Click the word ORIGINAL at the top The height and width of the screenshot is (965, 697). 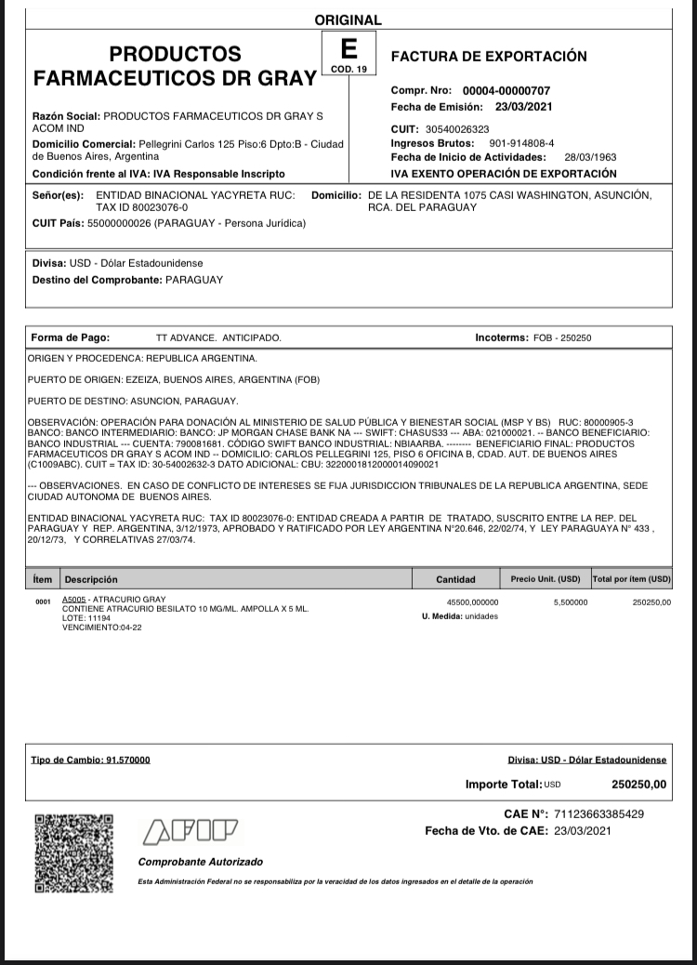click(x=348, y=20)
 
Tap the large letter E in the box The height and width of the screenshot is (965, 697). click(x=348, y=49)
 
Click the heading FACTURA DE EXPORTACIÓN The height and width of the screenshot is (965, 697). click(x=489, y=56)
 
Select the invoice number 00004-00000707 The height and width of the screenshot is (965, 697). click(x=506, y=91)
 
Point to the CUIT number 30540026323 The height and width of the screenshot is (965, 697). click(x=457, y=129)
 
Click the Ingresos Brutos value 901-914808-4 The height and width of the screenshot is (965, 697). click(x=521, y=143)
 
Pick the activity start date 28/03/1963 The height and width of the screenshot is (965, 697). click(x=590, y=157)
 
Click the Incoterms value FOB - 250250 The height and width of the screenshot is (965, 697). click(x=562, y=338)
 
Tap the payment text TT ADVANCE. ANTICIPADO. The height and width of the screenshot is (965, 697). click(x=218, y=338)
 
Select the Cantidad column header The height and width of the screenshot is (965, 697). click(x=455, y=579)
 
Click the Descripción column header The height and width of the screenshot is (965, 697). click(x=91, y=579)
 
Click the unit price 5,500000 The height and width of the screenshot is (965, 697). click(x=570, y=602)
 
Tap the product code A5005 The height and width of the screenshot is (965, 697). click(x=74, y=600)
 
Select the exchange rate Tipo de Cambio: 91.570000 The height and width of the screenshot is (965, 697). click(x=90, y=760)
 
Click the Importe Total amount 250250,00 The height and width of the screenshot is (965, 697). click(x=639, y=785)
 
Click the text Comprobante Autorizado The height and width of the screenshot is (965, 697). click(x=201, y=862)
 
